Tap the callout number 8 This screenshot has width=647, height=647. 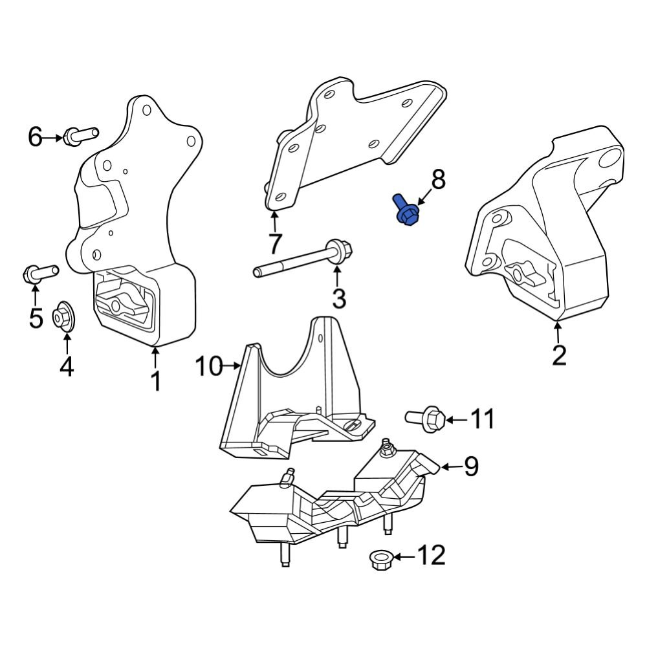[x=439, y=180]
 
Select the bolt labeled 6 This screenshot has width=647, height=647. [x=80, y=135]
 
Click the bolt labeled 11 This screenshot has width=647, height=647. [x=426, y=418]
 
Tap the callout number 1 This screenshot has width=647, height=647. [x=155, y=381]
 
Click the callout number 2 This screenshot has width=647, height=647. [x=558, y=355]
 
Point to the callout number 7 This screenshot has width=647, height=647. [x=275, y=244]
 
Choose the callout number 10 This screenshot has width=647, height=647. [x=209, y=367]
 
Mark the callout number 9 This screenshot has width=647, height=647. [x=470, y=465]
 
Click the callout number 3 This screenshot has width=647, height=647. [x=338, y=298]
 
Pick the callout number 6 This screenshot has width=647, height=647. [x=35, y=137]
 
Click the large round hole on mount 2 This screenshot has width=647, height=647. [x=609, y=159]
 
